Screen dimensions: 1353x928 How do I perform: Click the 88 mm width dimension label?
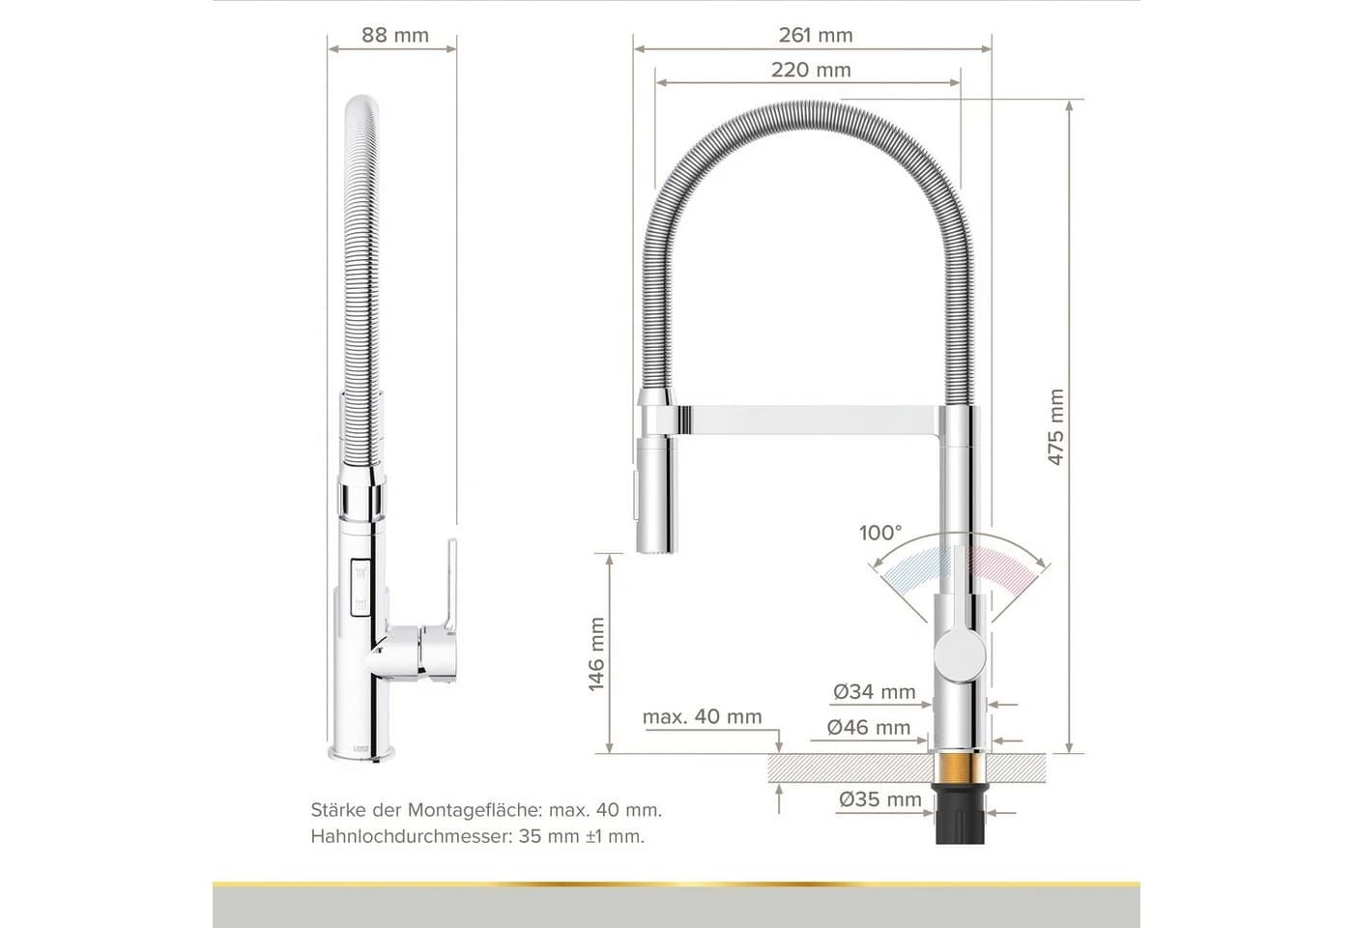(395, 35)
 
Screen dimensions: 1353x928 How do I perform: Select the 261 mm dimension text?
(816, 35)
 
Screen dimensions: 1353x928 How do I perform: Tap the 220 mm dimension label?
(811, 70)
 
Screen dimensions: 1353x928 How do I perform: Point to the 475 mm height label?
(1055, 427)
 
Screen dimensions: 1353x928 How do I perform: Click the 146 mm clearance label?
(596, 654)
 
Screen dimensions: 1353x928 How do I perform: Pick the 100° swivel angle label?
(880, 533)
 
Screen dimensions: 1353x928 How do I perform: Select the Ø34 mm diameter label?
(875, 692)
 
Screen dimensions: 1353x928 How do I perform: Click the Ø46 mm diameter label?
(869, 727)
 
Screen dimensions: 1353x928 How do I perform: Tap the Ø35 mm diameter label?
(880, 799)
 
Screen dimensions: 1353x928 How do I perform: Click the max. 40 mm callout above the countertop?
(702, 717)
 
